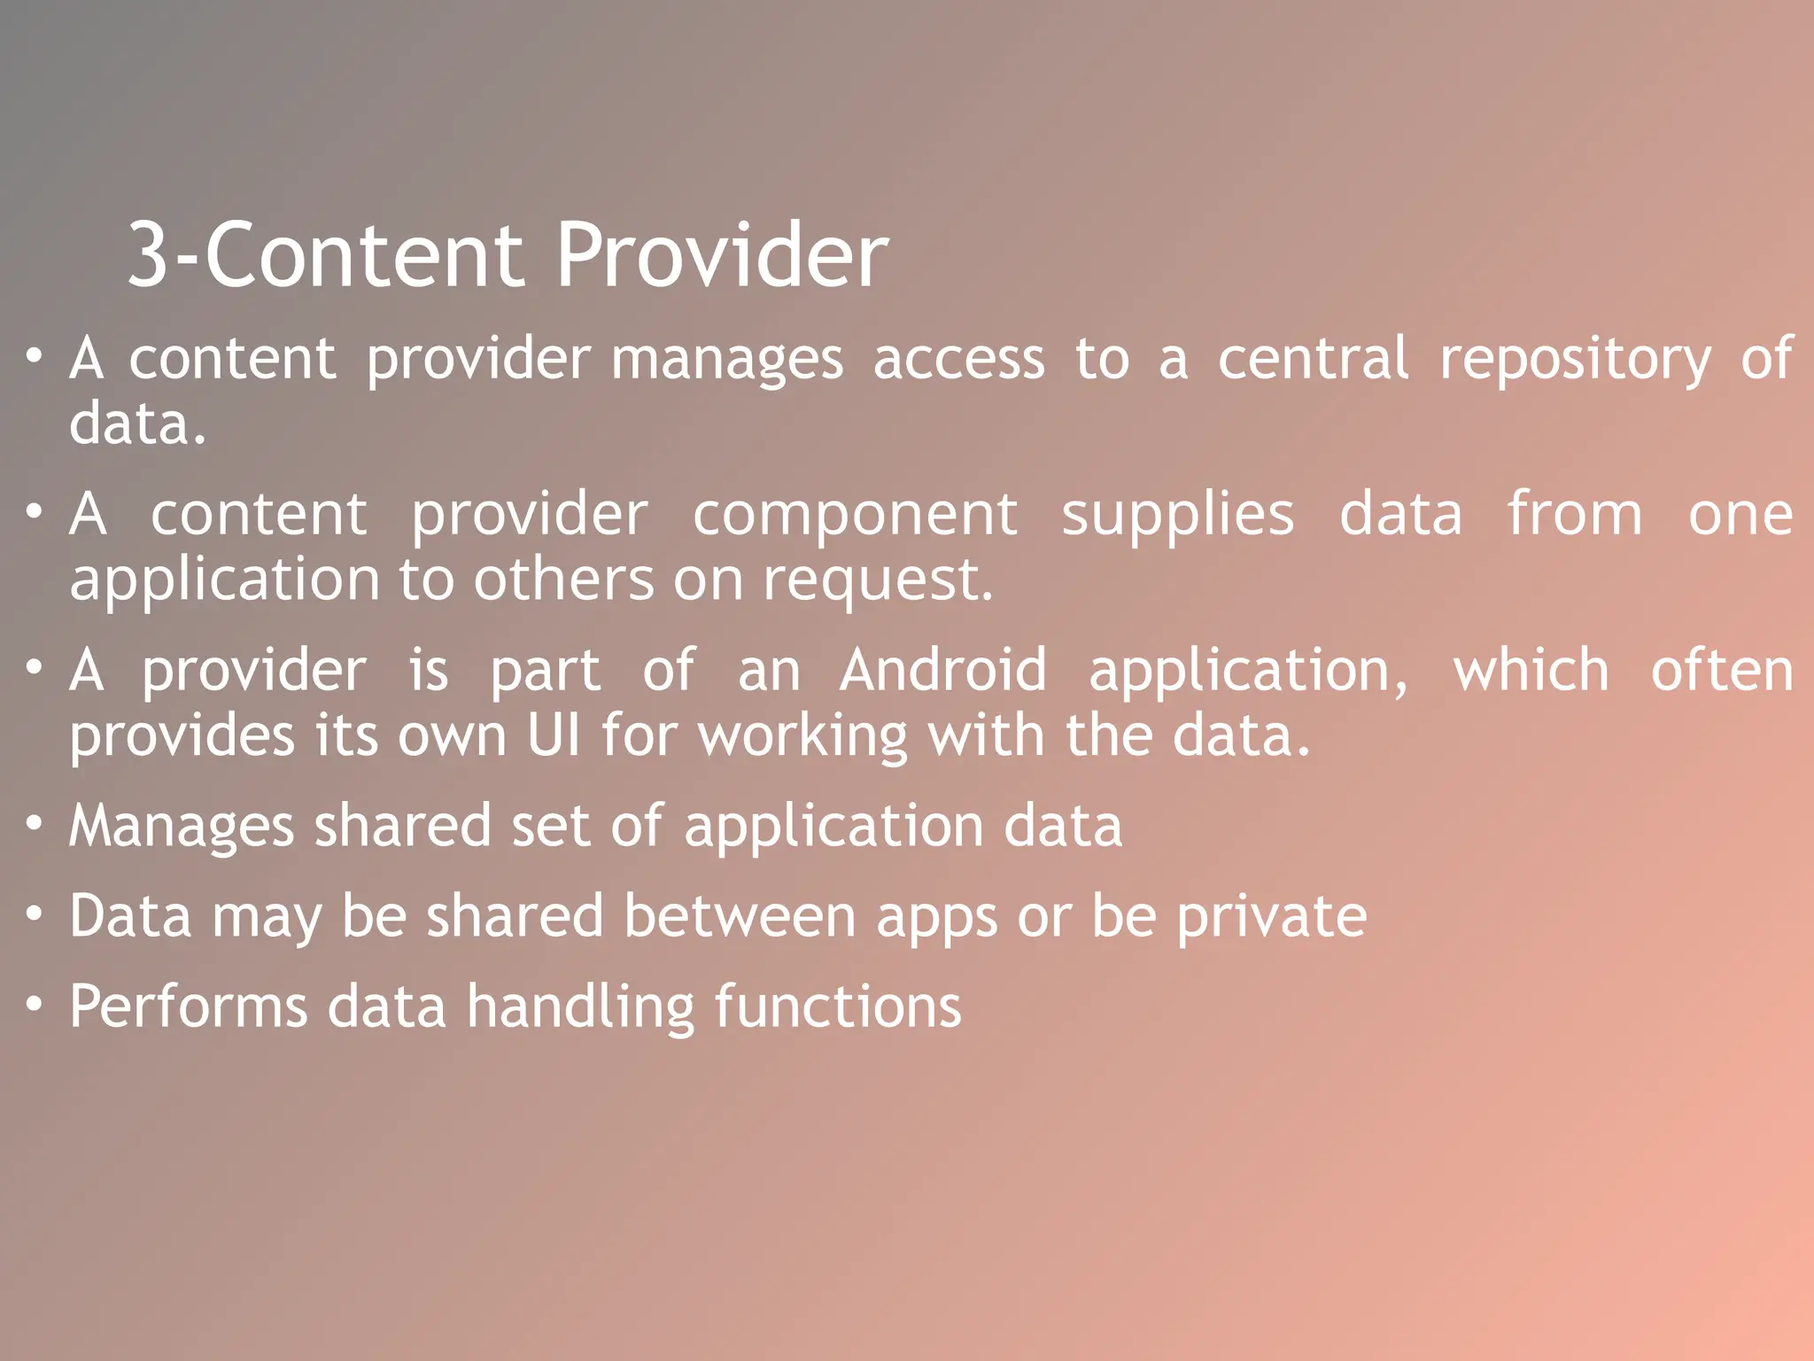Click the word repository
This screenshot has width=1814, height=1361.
pos(1576,360)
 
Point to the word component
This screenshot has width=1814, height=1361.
pos(855,516)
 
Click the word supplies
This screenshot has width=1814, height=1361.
pos(1177,516)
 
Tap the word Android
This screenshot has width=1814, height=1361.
pos(943,670)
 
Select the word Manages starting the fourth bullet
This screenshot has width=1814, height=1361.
pos(182,826)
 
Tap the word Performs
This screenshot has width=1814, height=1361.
pos(189,1007)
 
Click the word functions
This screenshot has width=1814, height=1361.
pos(837,1007)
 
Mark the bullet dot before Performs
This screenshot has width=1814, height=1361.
pos(34,1006)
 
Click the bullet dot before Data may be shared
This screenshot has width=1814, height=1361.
pos(34,914)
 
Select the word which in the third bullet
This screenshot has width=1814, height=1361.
pos(1531,670)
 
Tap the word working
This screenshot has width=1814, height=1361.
pos(802,737)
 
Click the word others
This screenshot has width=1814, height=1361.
pos(564,580)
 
